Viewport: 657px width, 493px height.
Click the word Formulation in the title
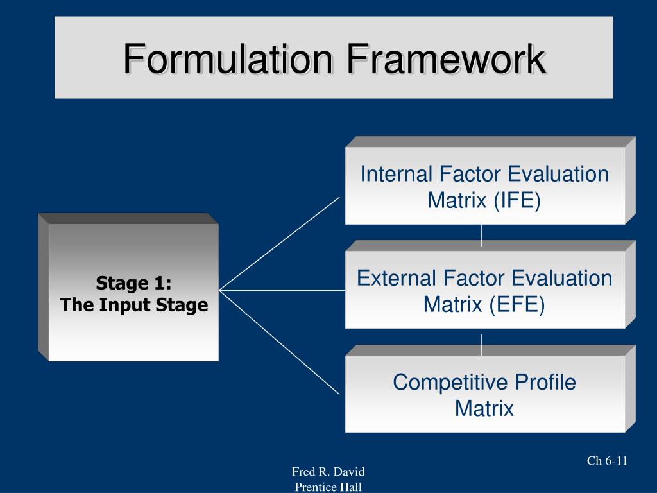coord(228,59)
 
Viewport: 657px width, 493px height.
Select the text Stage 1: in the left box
coord(133,282)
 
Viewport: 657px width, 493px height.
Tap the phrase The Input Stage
coord(134,305)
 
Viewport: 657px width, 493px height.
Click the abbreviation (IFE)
coord(517,201)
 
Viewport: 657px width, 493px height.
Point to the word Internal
coord(397,174)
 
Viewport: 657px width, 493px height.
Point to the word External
coord(396,279)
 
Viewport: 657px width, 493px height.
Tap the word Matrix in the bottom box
coord(484,408)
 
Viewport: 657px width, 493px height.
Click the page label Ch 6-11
coord(607,460)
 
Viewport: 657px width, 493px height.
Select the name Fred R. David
coord(328,472)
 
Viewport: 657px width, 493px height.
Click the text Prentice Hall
coord(328,487)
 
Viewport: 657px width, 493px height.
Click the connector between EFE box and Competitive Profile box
coord(482,340)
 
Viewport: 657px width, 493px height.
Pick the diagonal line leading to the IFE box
coord(279,243)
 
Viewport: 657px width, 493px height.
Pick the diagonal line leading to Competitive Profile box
coord(279,342)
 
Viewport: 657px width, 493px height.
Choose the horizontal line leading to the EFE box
coord(282,290)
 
